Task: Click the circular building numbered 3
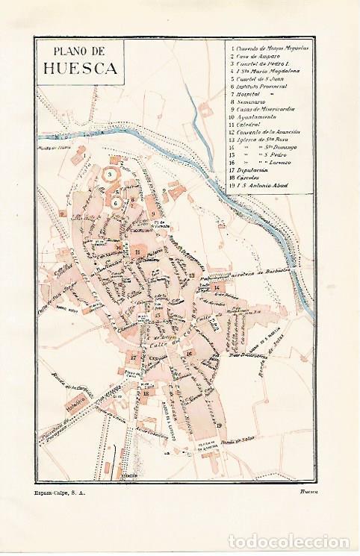pyautogui.click(x=113, y=174)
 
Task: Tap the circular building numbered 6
pyautogui.click(x=117, y=201)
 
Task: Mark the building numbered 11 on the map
pyautogui.click(x=137, y=252)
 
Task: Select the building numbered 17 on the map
pyautogui.click(x=133, y=358)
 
